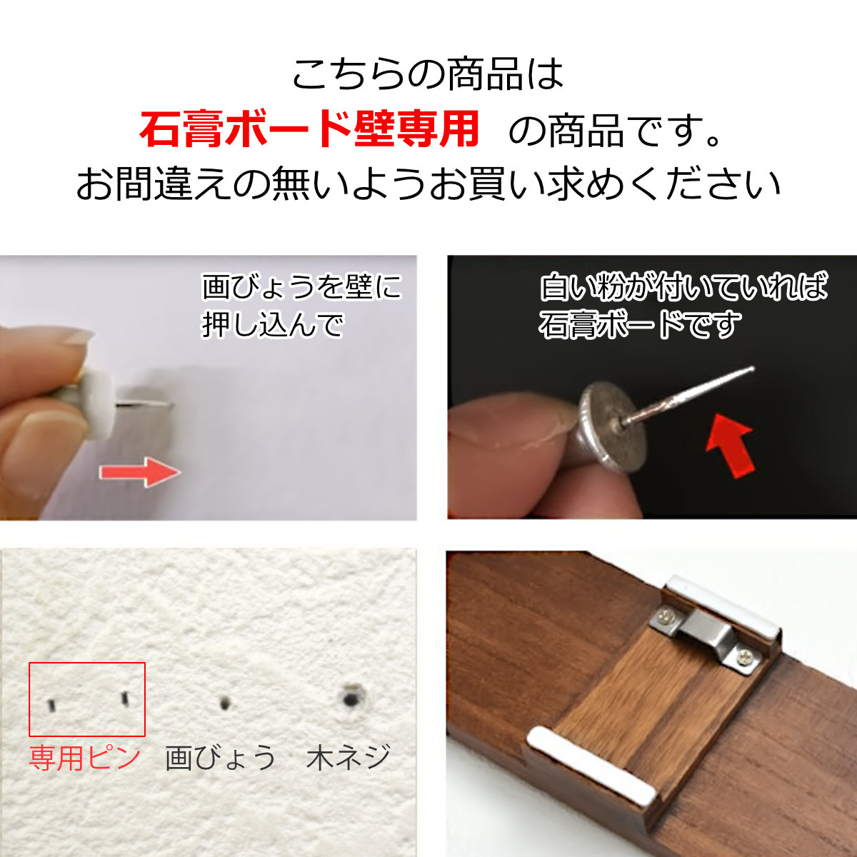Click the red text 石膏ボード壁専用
point(309,129)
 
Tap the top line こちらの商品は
point(428,74)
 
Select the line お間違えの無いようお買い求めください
point(428,184)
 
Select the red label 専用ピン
point(85,758)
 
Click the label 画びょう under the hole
point(220,758)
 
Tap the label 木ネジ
point(349,758)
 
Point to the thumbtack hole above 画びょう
point(226,703)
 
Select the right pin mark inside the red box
point(124,698)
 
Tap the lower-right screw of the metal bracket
point(746,660)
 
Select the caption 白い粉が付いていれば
point(683,287)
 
